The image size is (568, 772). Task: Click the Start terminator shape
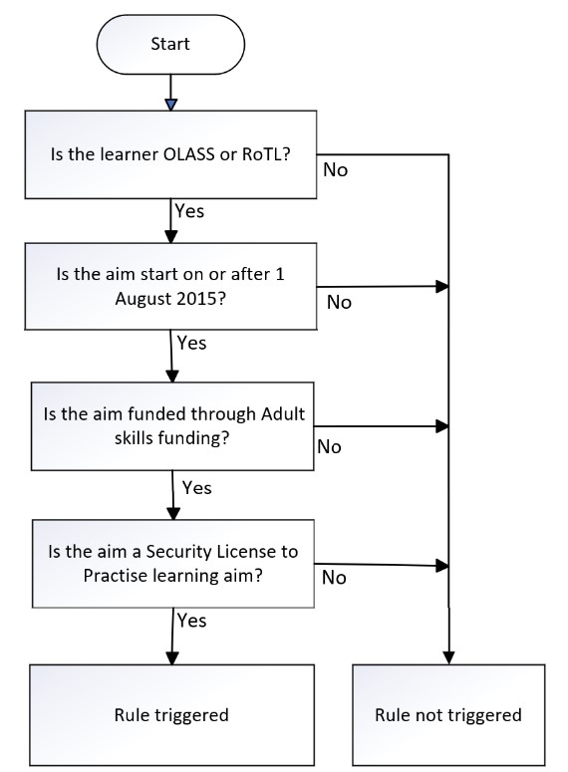pos(170,44)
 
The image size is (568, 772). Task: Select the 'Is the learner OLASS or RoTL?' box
pos(170,154)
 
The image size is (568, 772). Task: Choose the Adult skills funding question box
pos(170,425)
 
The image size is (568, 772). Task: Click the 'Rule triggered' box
pos(170,714)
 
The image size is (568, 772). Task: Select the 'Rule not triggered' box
pos(447,714)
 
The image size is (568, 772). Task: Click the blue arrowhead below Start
pos(170,105)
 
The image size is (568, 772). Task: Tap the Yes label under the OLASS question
pos(189,211)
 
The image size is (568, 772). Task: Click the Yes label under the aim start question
pos(191,343)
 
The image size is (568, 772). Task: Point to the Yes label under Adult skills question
pos(196,488)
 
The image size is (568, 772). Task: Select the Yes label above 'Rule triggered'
pos(191,620)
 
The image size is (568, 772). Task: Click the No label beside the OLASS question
pos(335,170)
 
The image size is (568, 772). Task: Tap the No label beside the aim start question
pos(339,302)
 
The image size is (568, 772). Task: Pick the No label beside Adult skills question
pos(329,446)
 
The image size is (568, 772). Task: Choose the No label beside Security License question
pos(334,578)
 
